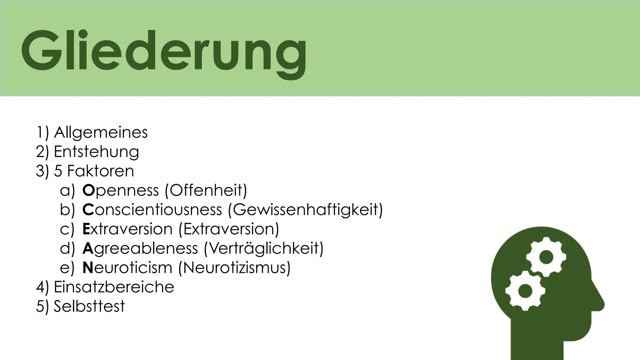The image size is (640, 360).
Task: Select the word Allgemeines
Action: tap(101, 132)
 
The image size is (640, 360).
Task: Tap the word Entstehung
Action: tap(96, 152)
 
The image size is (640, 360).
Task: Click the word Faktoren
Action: tap(100, 171)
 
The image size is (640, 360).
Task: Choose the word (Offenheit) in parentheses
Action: tap(206, 190)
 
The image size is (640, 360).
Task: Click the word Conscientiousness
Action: tap(152, 210)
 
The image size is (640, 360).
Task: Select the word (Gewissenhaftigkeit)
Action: tap(305, 210)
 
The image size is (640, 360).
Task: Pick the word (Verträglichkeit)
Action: tap(263, 248)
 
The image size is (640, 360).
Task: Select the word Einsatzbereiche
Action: tap(114, 287)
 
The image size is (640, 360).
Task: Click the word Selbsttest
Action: tap(89, 306)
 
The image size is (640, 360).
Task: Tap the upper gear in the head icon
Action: tap(546, 257)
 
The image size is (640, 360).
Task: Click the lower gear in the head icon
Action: tap(525, 290)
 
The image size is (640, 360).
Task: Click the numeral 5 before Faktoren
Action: tap(58, 171)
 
